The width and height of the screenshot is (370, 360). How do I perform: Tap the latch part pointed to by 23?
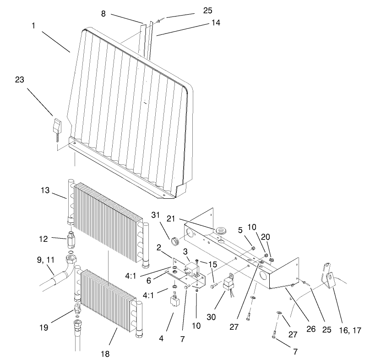56,125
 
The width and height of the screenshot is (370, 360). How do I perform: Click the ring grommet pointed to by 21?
223,230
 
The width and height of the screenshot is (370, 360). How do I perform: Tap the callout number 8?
103,14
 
